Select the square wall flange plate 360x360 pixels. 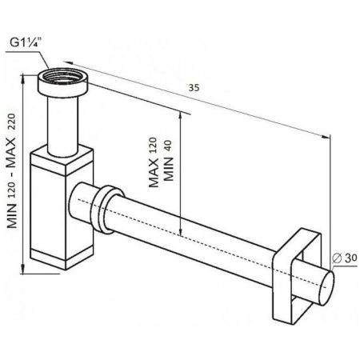tap(297, 272)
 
